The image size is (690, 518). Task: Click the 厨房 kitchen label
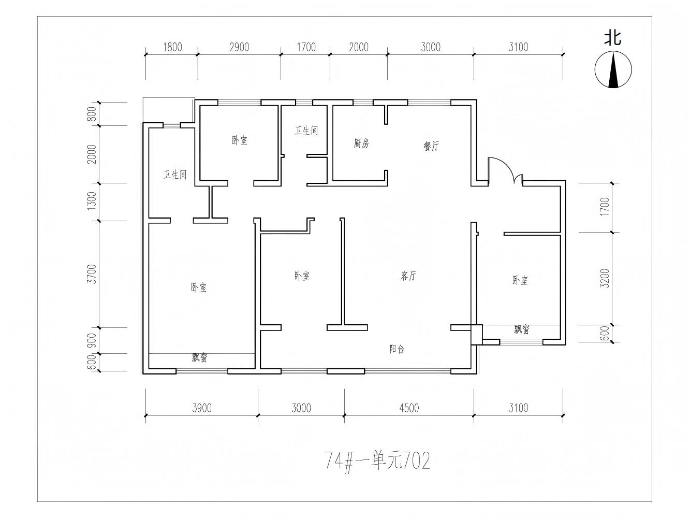pyautogui.click(x=361, y=143)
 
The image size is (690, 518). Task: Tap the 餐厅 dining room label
pyautogui.click(x=431, y=146)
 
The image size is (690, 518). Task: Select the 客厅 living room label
pyautogui.click(x=408, y=276)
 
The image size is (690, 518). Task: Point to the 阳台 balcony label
pyautogui.click(x=397, y=349)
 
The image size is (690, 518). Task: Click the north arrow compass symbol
pyautogui.click(x=613, y=69)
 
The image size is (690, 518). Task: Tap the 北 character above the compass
pyautogui.click(x=613, y=38)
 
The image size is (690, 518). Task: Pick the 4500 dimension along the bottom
pyautogui.click(x=409, y=408)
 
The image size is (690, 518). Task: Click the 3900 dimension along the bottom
pyautogui.click(x=202, y=408)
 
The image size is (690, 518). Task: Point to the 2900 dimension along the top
pyautogui.click(x=239, y=47)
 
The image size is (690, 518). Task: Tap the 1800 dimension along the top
pyautogui.click(x=172, y=47)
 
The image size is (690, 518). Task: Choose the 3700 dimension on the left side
pyautogui.click(x=92, y=274)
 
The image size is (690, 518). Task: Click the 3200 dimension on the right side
pyautogui.click(x=605, y=278)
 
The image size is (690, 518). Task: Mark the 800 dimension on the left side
pyautogui.click(x=92, y=114)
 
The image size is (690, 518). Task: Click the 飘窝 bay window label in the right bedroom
pyautogui.click(x=521, y=329)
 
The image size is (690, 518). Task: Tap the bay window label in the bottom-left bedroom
pyautogui.click(x=199, y=357)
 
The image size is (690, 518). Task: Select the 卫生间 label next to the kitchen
pyautogui.click(x=306, y=131)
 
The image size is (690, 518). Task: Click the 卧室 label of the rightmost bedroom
pyautogui.click(x=520, y=280)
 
